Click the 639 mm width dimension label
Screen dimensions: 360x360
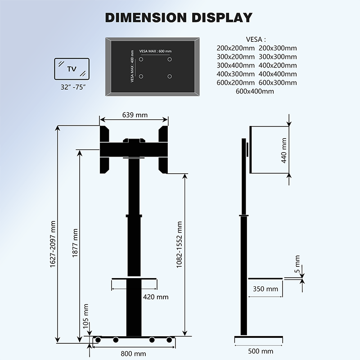pos(135,115)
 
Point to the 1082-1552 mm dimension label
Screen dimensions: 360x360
pos(179,245)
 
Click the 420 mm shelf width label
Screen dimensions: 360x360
pos(155,297)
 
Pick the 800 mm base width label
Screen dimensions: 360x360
pos(133,353)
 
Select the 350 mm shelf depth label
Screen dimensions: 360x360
pos(265,289)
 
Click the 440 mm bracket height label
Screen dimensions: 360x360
pos(284,151)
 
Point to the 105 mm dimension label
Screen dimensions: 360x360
pos(86,316)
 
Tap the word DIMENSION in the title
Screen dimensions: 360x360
pos(143,18)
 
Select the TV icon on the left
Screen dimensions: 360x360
pos(72,69)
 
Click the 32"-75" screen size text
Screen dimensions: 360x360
pos(71,86)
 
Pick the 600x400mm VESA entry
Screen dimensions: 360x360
pos(255,91)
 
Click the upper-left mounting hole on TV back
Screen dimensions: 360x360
pos(141,59)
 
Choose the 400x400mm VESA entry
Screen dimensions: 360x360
pos(278,74)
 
